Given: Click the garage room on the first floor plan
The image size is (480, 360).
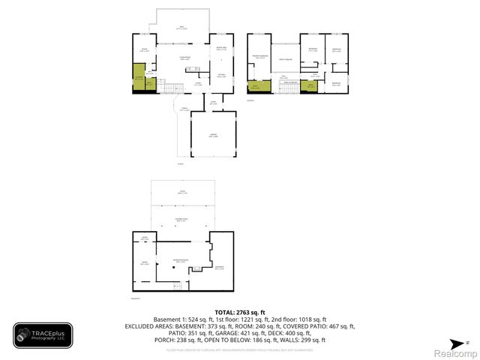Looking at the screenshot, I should pyautogui.click(x=214, y=135).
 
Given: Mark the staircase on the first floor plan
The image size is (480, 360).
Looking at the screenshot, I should pyautogui.click(x=166, y=88).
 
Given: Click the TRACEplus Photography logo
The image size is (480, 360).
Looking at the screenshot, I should pyautogui.click(x=43, y=335).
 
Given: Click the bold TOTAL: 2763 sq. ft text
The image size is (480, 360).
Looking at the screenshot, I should pyautogui.click(x=240, y=312).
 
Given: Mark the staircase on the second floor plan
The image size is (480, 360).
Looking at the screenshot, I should pyautogui.click(x=287, y=88).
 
